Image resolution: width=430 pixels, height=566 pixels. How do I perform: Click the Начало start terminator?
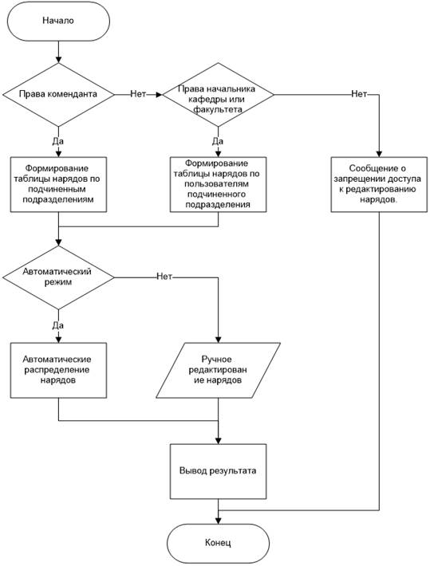(58, 21)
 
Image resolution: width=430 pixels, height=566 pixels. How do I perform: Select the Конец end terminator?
(219, 544)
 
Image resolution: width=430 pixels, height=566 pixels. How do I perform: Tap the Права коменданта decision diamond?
(58, 95)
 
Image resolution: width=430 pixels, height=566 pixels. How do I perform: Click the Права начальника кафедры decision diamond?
(219, 95)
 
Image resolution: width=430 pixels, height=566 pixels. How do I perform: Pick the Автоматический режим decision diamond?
(58, 277)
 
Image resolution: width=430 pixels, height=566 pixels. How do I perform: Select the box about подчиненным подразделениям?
(58, 184)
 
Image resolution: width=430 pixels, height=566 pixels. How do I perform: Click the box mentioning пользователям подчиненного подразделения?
(219, 184)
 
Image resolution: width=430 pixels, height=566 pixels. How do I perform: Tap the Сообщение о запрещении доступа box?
(379, 184)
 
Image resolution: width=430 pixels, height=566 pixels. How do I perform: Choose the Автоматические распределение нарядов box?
(58, 371)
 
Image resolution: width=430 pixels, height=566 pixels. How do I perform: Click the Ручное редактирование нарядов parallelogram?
(219, 371)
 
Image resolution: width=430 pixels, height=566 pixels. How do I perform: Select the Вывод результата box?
(219, 471)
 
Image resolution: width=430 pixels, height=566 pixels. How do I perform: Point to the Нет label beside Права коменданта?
(138, 94)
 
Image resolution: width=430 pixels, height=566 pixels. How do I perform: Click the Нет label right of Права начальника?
(359, 94)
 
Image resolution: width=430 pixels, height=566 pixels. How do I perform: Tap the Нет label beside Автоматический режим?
(164, 277)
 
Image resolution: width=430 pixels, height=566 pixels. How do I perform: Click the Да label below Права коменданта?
(57, 141)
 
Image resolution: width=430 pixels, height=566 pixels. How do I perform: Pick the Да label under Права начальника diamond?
(218, 141)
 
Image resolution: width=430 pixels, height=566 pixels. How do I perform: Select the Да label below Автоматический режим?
(57, 325)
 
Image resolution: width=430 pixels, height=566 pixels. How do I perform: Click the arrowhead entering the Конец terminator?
(219, 521)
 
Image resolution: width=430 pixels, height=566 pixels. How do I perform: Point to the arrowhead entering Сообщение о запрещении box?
(379, 154)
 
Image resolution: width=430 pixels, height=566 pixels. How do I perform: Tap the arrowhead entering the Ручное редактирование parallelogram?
(219, 340)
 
